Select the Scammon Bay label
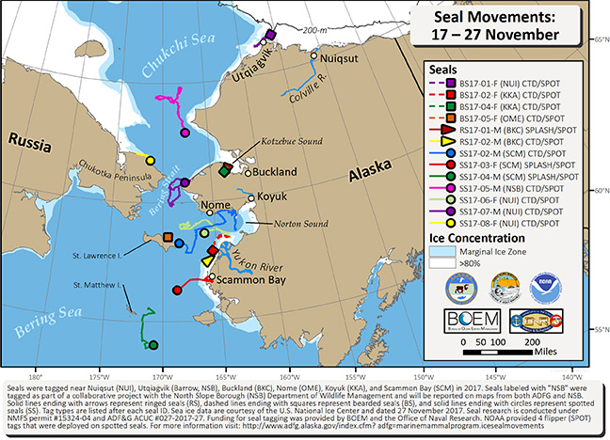235,280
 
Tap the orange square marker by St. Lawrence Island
168,237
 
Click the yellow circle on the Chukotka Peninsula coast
149,159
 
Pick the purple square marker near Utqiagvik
270,35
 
